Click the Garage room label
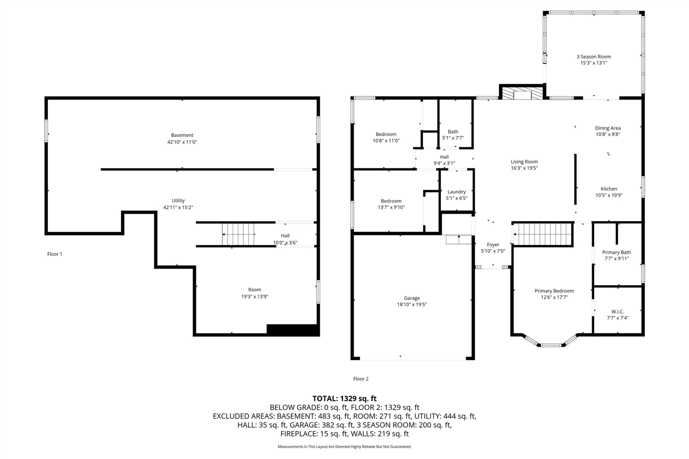click(x=412, y=298)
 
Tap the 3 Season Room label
click(x=594, y=57)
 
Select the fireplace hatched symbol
click(x=522, y=93)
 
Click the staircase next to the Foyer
click(x=542, y=234)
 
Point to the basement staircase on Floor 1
click(x=238, y=234)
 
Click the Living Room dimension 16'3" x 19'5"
click(x=524, y=168)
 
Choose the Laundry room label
click(x=456, y=192)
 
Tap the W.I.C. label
click(x=617, y=312)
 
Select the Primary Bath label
click(x=616, y=252)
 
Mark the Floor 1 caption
click(x=55, y=254)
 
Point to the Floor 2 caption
click(x=361, y=379)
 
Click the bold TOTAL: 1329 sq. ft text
click(x=344, y=398)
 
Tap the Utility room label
click(x=178, y=201)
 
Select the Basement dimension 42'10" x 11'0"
click(x=182, y=142)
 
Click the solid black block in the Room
click(x=292, y=329)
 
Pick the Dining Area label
click(x=608, y=128)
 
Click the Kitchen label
click(x=609, y=189)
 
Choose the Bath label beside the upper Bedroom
click(x=453, y=132)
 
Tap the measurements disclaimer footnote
click(x=344, y=447)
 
